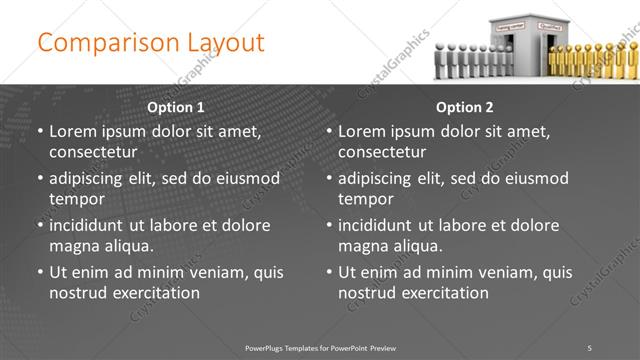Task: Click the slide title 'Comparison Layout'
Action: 151,43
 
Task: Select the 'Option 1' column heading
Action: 176,107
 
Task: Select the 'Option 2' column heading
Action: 465,107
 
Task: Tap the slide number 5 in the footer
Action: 589,347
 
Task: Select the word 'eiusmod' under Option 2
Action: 537,178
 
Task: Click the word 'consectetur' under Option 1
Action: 93,152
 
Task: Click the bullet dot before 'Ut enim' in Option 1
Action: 40,272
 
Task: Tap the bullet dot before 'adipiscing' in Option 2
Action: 329,178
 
